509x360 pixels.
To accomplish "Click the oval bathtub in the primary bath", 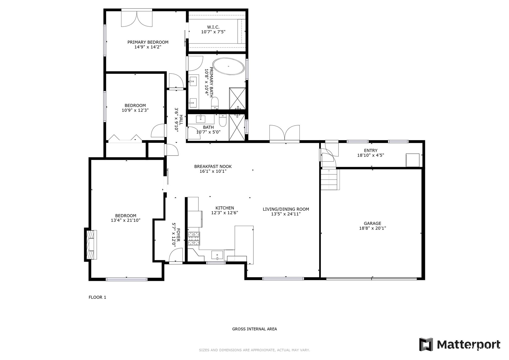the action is [x=228, y=66].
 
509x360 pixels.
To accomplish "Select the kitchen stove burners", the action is [x=194, y=238].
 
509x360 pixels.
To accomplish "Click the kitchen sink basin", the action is [x=217, y=255].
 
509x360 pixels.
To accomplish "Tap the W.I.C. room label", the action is [x=213, y=27].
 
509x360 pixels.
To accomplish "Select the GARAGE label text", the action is [x=372, y=223].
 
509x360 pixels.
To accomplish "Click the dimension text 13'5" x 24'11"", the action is [x=286, y=214].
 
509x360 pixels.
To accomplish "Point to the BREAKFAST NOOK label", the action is [x=213, y=166].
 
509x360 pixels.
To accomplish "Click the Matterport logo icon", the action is [x=426, y=344].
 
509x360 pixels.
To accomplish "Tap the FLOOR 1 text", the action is [x=97, y=297].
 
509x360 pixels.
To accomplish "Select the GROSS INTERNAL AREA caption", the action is [x=255, y=329].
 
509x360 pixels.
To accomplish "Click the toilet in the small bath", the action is [x=223, y=120].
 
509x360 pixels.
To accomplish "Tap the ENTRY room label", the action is [x=371, y=151].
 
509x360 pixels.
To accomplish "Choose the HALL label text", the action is [x=181, y=120].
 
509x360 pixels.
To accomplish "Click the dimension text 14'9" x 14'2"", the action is [x=148, y=47].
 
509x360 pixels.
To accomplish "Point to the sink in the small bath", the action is [x=201, y=119].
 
